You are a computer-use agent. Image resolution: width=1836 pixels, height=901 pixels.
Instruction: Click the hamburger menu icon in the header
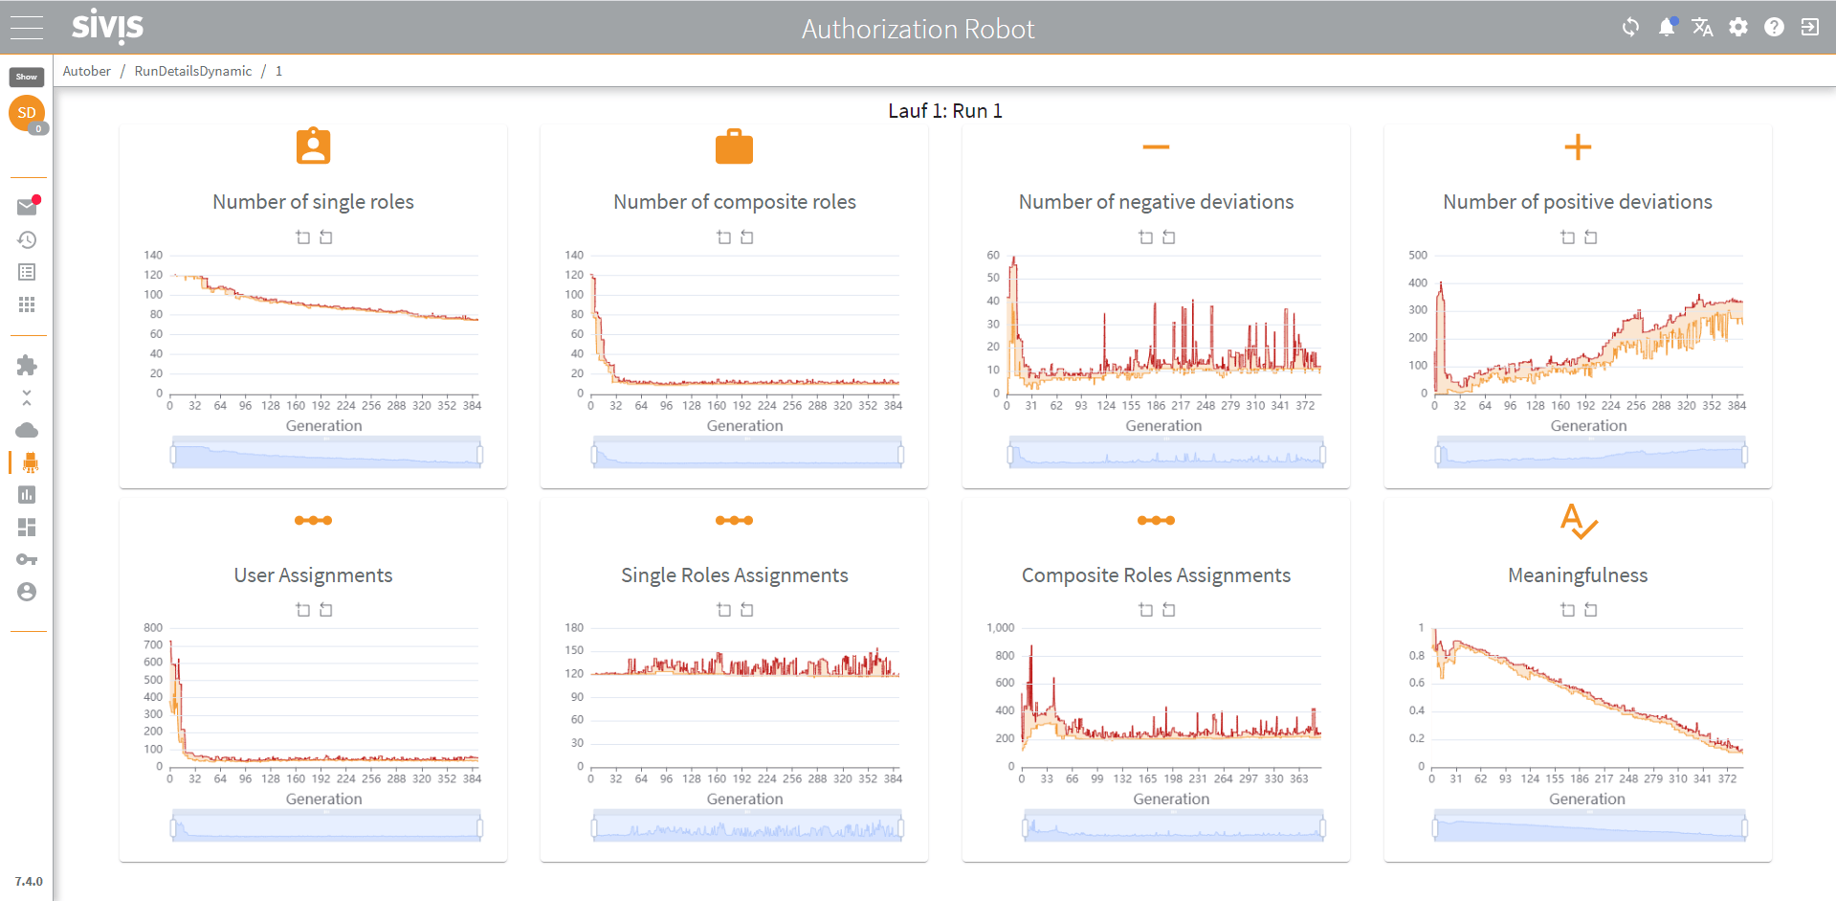click(x=27, y=28)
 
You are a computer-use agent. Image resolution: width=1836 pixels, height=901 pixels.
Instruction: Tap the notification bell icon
click(x=1667, y=27)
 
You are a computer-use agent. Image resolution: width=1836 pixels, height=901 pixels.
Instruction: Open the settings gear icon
click(x=1738, y=27)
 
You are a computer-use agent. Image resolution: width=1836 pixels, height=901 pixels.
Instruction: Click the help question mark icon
click(x=1774, y=27)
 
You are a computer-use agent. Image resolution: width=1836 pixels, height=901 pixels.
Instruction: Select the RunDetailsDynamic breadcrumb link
click(x=193, y=71)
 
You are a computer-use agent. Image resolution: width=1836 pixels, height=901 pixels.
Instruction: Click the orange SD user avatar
click(x=27, y=113)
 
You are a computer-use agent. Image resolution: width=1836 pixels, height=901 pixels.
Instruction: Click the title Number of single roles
click(x=313, y=202)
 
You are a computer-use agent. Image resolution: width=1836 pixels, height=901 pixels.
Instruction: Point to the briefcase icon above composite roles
click(x=734, y=146)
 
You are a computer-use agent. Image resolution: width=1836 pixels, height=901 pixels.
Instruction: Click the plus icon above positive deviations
click(x=1578, y=146)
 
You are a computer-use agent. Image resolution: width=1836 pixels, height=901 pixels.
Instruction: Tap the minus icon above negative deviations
click(x=1156, y=146)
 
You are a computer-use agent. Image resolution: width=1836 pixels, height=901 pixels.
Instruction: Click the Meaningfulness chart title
click(x=1578, y=575)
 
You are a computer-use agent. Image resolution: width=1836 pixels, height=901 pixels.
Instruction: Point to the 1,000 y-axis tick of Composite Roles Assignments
click(x=1001, y=628)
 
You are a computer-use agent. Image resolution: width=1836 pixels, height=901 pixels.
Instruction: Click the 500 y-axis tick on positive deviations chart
click(x=1418, y=256)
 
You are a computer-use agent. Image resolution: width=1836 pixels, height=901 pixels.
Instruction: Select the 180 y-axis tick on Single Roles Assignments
click(x=574, y=628)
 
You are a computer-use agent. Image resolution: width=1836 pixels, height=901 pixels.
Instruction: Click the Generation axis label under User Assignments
click(x=324, y=800)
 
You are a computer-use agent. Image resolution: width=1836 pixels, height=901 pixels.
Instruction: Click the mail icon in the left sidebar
click(x=27, y=207)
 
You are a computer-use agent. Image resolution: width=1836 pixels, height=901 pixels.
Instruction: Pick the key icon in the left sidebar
click(x=27, y=560)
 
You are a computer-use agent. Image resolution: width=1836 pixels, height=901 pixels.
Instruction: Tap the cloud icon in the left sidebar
click(x=27, y=430)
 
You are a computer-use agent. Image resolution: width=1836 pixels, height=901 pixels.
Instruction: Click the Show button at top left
click(x=27, y=77)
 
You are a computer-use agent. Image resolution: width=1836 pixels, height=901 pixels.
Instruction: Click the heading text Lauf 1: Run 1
click(x=945, y=111)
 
